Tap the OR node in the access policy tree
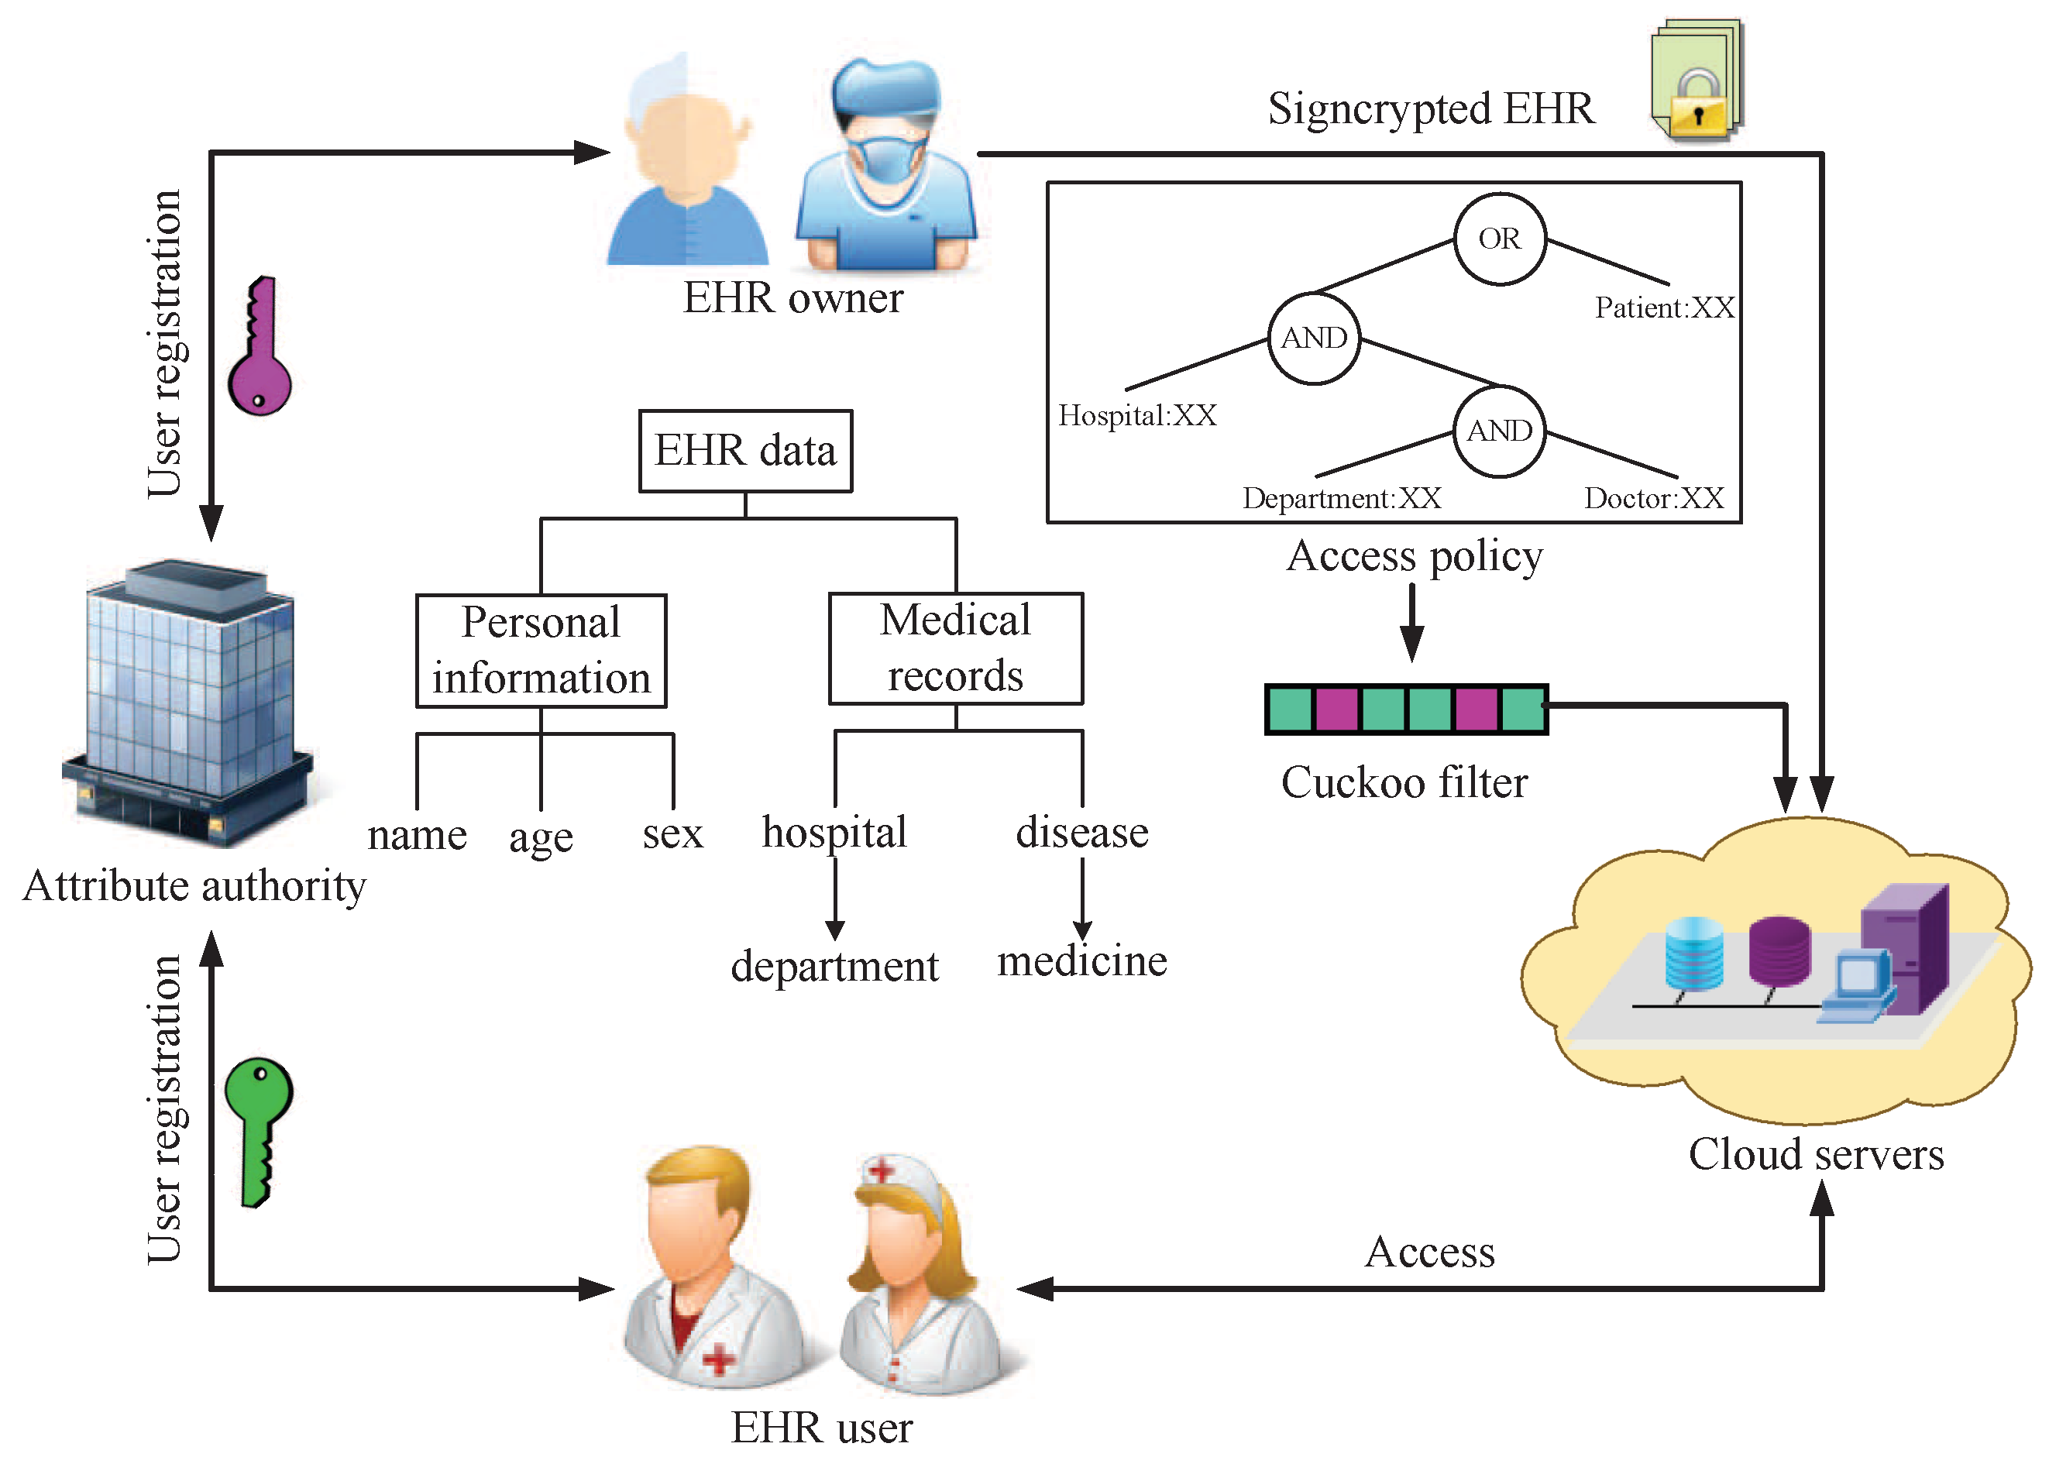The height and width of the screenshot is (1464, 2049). tap(1499, 239)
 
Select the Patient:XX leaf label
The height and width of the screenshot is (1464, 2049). tap(1663, 308)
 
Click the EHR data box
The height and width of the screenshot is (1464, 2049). tap(744, 451)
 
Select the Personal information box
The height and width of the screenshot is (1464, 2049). tap(541, 650)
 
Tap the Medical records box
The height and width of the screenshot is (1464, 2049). tap(954, 648)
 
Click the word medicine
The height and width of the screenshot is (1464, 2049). tap(1081, 961)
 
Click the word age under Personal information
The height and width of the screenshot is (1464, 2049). tap(540, 838)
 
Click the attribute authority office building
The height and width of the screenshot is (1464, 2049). tap(189, 703)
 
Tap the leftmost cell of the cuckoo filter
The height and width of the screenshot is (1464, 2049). tap(1290, 710)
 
